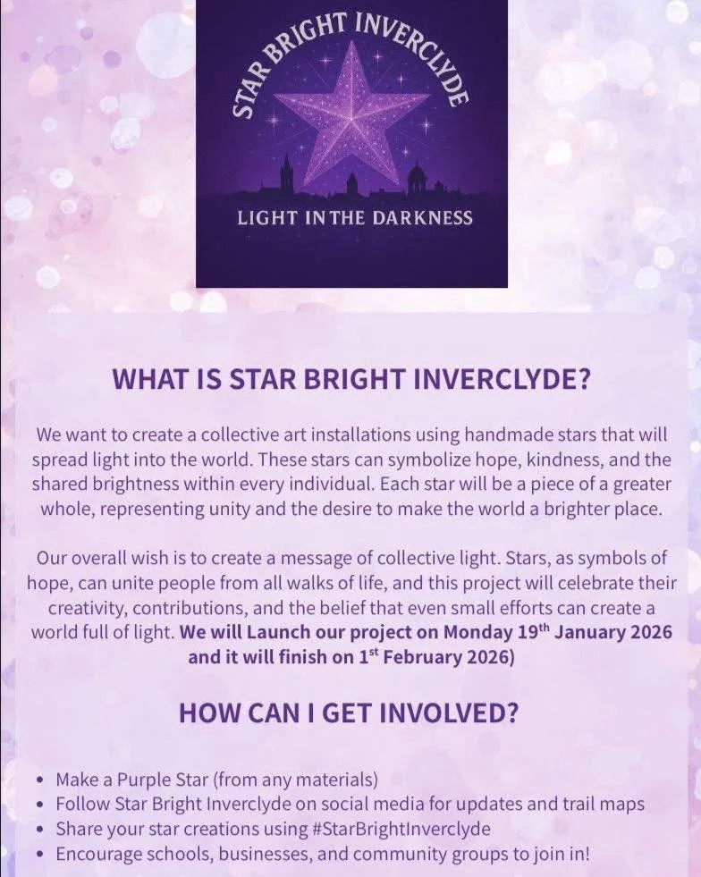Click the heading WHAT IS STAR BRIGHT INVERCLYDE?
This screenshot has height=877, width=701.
[x=351, y=379]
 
